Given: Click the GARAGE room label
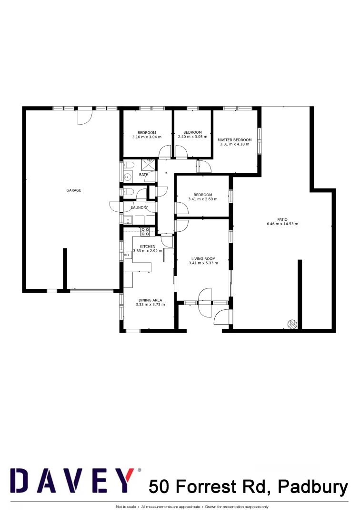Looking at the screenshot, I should coord(73,190).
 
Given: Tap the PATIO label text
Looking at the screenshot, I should coord(283,219).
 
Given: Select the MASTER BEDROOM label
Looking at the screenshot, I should coord(234,140).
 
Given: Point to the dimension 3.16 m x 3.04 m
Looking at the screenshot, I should coord(147,137).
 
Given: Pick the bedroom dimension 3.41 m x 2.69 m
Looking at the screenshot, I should coord(202,199).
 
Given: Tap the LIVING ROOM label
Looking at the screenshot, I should coord(203,259).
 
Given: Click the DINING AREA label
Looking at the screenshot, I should coord(150,300).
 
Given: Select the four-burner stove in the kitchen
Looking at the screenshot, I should coord(145,232).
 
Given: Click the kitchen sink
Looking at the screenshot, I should coord(128,255).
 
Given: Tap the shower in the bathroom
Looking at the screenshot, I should coord(148,164).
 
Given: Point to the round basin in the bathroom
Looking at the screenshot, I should coord(127,178).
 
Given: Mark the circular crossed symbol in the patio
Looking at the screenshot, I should coord(292,325).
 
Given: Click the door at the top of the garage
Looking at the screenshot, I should coord(85,116).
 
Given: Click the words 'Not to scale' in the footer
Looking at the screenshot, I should coord(126,507).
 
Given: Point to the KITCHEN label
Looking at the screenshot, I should coord(148,246).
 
